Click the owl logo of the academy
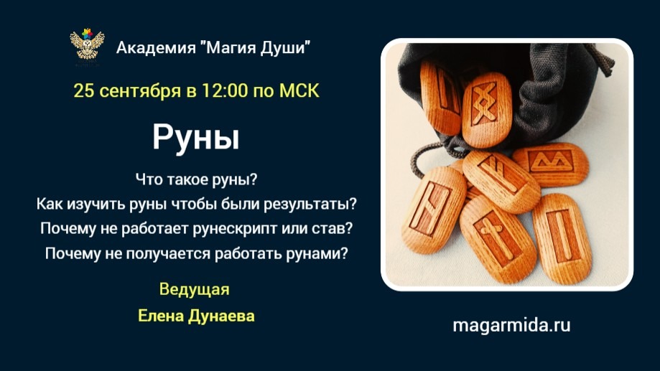pos(86,44)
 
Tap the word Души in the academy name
pos(288,49)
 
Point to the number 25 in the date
pos(83,92)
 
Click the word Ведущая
pos(194,290)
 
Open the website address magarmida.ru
pos(511,325)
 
